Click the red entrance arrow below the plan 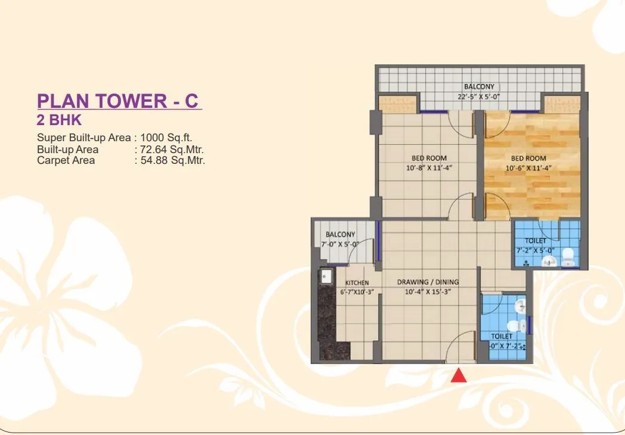[x=458, y=375]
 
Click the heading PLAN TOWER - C [x=117, y=101]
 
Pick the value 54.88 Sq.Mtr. [x=171, y=160]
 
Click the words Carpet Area [x=66, y=160]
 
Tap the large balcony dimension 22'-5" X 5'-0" [x=479, y=97]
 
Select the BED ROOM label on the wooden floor [x=528, y=159]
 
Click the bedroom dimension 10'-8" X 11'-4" [x=429, y=168]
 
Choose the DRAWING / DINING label [x=428, y=282]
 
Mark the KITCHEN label [x=357, y=282]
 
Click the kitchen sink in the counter [x=326, y=276]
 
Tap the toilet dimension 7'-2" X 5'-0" [x=535, y=251]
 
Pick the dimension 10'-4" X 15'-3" [x=428, y=292]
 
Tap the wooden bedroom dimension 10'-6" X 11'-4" [x=528, y=168]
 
